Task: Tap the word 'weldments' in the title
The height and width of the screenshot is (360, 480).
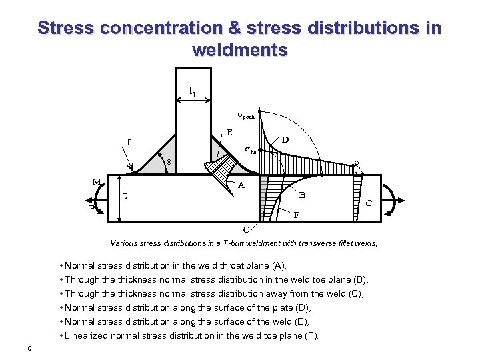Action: coord(239,50)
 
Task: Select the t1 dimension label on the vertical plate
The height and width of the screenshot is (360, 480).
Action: coord(192,91)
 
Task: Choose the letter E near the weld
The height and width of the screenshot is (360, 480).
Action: coord(229,132)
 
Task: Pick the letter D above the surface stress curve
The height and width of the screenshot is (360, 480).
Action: coord(285,140)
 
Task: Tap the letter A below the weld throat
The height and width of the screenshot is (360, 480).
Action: coord(242,186)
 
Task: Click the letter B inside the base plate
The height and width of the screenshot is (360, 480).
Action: coord(302,195)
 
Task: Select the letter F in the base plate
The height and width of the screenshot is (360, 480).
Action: coord(297,215)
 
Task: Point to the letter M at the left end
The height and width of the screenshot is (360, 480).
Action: coord(97,181)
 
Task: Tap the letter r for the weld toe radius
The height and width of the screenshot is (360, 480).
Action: coord(128,141)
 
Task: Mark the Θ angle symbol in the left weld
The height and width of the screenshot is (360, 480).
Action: coord(169,162)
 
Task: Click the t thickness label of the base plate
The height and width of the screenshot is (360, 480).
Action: coord(125,195)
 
